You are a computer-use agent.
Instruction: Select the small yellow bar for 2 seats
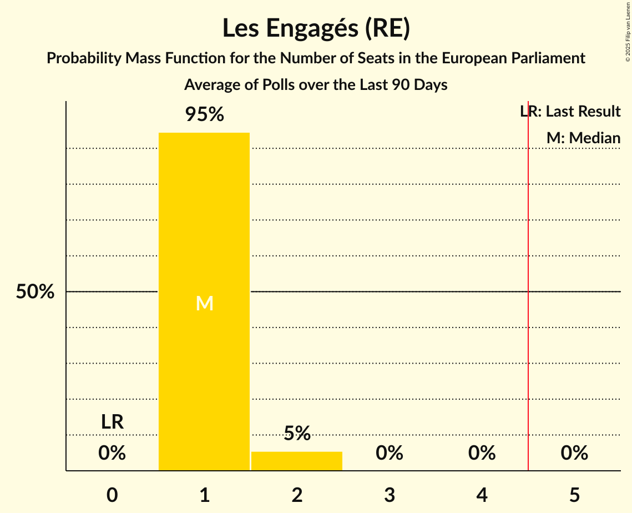tap(297, 461)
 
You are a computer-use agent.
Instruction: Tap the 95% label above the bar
tap(204, 115)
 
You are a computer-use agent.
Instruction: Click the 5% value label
tap(297, 433)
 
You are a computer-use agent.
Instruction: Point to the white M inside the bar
tap(204, 303)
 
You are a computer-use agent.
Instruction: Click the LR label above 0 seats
tap(112, 422)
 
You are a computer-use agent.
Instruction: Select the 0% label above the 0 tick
tap(112, 453)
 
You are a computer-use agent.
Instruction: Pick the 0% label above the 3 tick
tap(390, 453)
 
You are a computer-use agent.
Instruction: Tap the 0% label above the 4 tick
tap(482, 453)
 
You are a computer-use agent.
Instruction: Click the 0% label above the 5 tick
tap(574, 453)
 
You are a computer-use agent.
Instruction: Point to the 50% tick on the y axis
tap(35, 291)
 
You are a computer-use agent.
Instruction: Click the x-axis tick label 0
tap(112, 495)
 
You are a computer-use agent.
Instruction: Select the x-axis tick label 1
tap(204, 495)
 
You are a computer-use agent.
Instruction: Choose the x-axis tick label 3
tap(390, 495)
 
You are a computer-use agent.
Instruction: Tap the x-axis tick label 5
tap(574, 495)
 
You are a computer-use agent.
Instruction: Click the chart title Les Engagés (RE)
tap(316, 29)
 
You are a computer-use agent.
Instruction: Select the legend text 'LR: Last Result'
tap(570, 112)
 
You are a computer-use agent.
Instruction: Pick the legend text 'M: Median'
tap(583, 138)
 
